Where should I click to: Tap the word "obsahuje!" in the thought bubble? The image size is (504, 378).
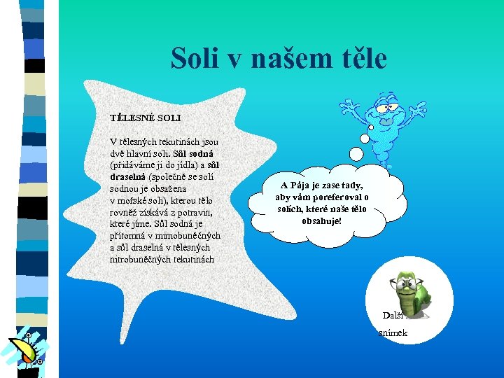coord(321,221)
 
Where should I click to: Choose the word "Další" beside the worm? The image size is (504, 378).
coord(393,315)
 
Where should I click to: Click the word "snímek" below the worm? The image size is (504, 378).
coord(393,333)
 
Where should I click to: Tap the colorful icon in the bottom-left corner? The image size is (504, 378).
coord(25,351)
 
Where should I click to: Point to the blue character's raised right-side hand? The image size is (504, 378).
coord(419,109)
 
